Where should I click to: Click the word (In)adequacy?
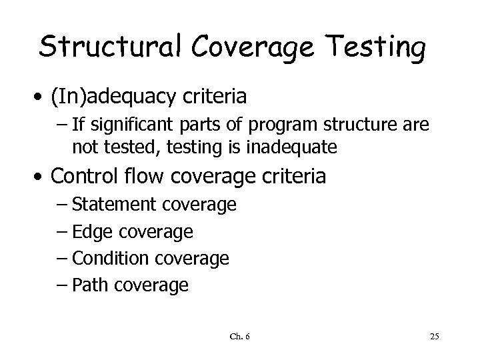(125, 97)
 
